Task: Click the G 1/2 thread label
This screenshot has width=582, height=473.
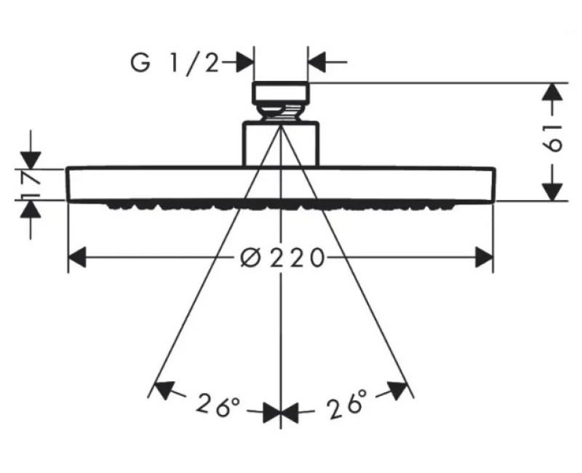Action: click(175, 63)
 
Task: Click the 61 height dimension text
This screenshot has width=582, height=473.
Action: click(553, 138)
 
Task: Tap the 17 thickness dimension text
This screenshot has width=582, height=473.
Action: click(31, 184)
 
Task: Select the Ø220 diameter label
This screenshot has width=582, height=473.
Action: click(282, 258)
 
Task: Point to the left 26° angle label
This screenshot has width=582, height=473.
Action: click(219, 405)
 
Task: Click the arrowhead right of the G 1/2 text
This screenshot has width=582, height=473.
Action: click(244, 62)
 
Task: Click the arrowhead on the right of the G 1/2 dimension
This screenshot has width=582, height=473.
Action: click(316, 62)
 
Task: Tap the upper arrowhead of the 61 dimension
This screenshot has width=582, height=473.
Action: click(553, 92)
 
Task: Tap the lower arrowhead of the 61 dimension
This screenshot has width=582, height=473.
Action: click(553, 192)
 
